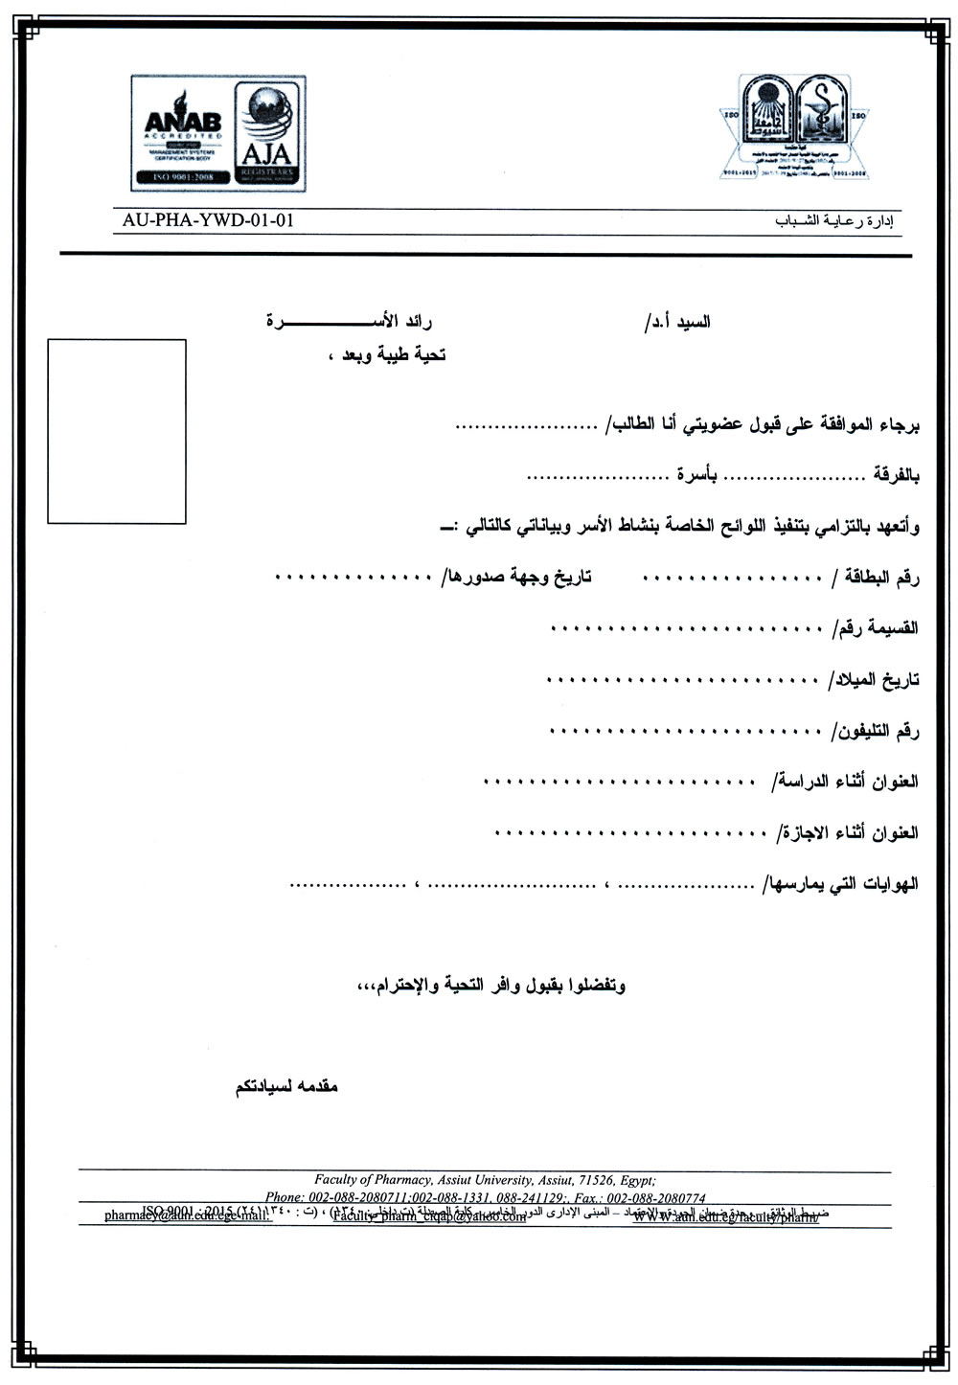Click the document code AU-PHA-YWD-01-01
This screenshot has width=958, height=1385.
[x=208, y=219]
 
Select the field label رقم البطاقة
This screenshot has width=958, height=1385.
[x=877, y=578]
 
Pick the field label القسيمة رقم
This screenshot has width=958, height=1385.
[x=879, y=628]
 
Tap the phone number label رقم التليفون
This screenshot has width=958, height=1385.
[x=875, y=731]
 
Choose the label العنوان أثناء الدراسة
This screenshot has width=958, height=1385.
[x=843, y=782]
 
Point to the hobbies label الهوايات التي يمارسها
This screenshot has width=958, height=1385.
[x=840, y=884]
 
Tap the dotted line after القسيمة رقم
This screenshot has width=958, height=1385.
[x=685, y=629]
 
